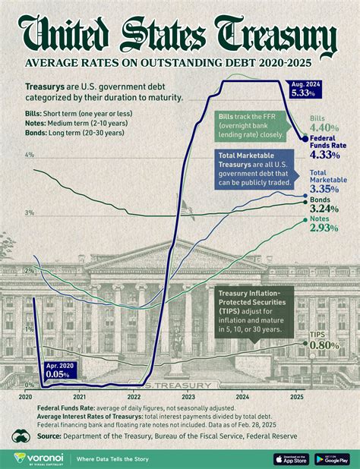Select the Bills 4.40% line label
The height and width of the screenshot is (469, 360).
coord(323,123)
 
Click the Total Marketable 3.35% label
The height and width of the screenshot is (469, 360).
coord(329,182)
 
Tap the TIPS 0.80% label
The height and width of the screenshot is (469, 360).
coord(324,340)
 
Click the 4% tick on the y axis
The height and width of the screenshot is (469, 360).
coord(30,155)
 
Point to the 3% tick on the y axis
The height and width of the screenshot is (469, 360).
coord(30,213)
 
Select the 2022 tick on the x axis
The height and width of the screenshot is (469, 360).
coord(134,396)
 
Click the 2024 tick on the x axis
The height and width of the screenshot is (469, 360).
coord(242,396)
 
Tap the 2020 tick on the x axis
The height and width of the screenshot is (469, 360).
coord(25,396)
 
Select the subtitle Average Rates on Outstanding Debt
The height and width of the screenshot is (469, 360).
coord(179,62)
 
